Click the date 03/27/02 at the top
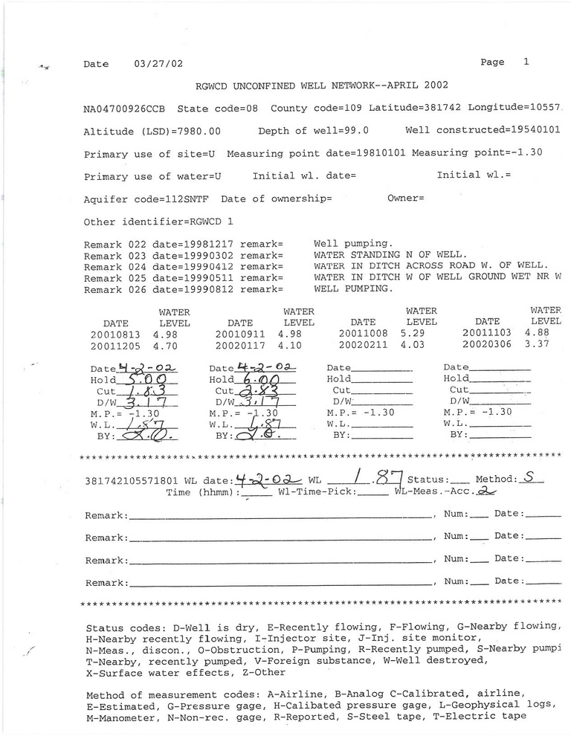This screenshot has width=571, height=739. click(158, 64)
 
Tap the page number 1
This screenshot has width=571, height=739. click(526, 62)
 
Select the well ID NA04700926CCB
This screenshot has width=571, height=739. click(126, 109)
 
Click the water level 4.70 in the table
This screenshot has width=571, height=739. click(166, 345)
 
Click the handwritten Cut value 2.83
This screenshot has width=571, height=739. click(257, 391)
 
